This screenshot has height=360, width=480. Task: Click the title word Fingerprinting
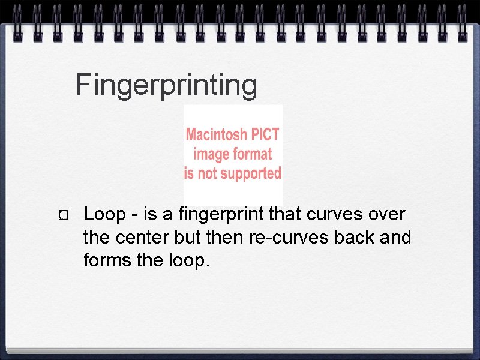166,85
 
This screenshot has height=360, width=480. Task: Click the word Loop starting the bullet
105,214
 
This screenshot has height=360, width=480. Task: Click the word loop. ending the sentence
188,262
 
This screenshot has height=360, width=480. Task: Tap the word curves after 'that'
332,214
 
